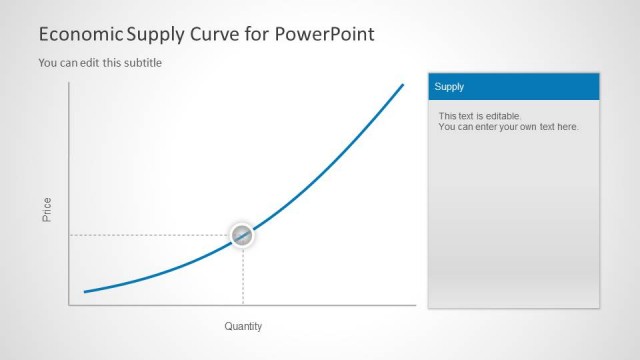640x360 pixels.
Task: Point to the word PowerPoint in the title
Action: click(x=323, y=34)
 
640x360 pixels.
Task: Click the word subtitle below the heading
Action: click(x=142, y=63)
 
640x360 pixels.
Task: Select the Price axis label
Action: click(x=47, y=209)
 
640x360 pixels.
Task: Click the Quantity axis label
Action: click(x=243, y=326)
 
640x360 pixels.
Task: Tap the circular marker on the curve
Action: click(x=242, y=235)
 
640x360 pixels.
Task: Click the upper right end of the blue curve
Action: click(x=403, y=85)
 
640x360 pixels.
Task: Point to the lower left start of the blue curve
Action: click(x=85, y=292)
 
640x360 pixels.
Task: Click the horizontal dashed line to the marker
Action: click(x=150, y=235)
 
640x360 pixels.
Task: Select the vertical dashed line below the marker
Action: click(x=243, y=275)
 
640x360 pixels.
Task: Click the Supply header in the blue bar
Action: click(x=450, y=87)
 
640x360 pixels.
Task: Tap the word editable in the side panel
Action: click(x=502, y=116)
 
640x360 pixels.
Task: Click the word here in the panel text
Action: click(x=567, y=127)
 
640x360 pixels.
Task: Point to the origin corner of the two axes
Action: click(x=69, y=304)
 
